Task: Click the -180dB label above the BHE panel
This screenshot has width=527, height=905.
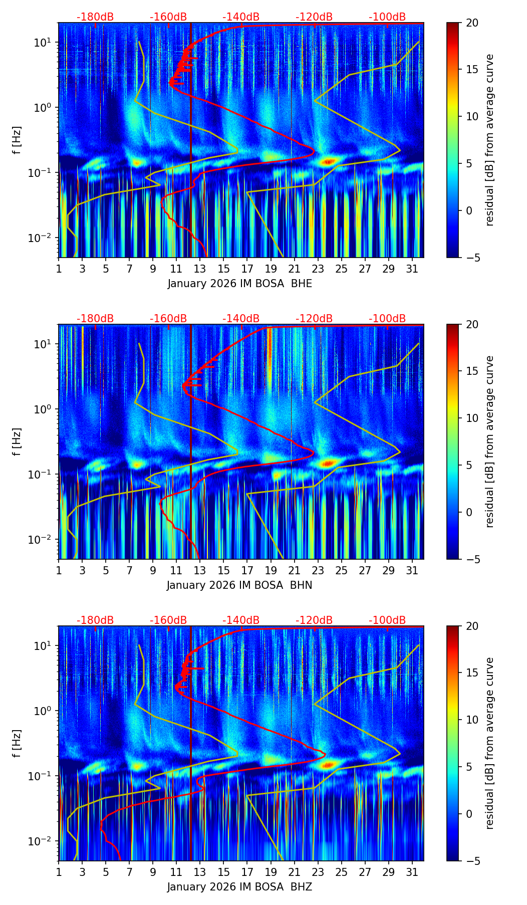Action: tap(95, 17)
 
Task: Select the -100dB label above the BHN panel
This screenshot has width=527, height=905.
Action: tap(387, 319)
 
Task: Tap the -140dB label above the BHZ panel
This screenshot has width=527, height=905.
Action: tap(241, 620)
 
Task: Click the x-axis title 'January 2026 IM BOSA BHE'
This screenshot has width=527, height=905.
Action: tap(239, 284)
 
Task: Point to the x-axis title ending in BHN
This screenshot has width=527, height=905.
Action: tap(239, 585)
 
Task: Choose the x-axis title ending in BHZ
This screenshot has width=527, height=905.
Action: tap(239, 887)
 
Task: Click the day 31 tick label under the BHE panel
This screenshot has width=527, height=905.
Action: tap(412, 269)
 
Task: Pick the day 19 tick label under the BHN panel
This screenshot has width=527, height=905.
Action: tap(271, 570)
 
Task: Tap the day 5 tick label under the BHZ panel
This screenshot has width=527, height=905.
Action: tap(106, 872)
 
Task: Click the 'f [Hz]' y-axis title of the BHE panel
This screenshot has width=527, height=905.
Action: tap(18, 140)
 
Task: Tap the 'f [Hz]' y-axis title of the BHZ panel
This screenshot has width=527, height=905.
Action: tap(18, 744)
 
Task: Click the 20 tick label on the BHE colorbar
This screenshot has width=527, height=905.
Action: tap(472, 23)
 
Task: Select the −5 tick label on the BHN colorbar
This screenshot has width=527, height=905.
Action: tap(472, 559)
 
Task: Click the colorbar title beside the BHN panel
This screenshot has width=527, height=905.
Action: tap(489, 441)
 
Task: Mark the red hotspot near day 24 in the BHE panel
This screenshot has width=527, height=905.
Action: tap(328, 161)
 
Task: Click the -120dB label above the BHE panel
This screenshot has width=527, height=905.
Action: tap(314, 17)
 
